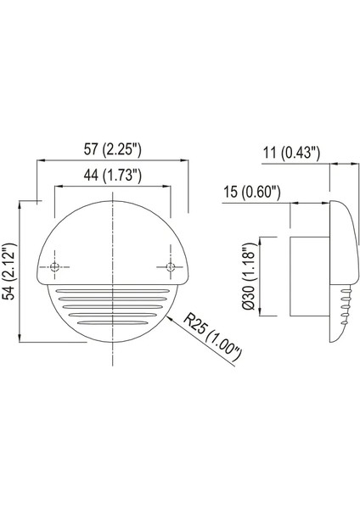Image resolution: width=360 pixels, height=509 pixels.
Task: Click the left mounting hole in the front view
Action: coord(55,267)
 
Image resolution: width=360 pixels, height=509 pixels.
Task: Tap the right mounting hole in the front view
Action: coord(171,267)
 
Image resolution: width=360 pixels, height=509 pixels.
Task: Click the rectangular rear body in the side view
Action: coord(309,276)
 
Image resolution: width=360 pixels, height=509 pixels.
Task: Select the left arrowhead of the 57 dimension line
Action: coord(37,161)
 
